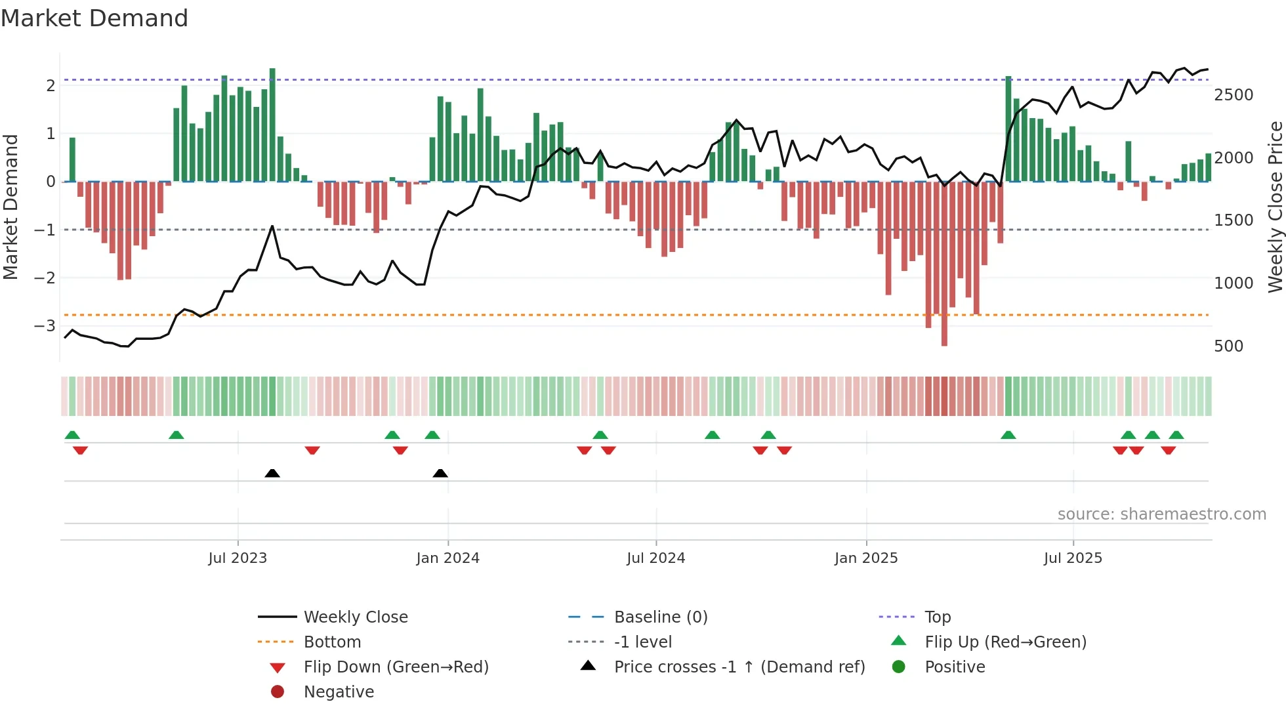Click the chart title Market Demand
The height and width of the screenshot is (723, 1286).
[x=94, y=18]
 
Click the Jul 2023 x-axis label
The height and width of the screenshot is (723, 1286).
[x=238, y=558]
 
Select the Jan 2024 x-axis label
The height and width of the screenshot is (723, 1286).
[x=447, y=558]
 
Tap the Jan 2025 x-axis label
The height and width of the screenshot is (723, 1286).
[x=866, y=558]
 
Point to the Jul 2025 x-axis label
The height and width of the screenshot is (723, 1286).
[x=1073, y=558]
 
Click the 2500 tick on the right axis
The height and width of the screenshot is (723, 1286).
[x=1234, y=95]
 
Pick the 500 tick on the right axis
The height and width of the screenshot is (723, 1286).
[x=1228, y=346]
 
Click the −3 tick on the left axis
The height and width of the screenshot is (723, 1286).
[x=45, y=325]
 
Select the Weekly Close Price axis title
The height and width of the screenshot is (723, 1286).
[x=1275, y=207]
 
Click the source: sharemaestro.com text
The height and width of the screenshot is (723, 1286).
[x=1161, y=514]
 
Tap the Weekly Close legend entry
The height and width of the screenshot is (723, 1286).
[x=356, y=617]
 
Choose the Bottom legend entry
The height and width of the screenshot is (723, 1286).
[x=332, y=642]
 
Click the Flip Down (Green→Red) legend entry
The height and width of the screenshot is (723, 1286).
[x=396, y=667]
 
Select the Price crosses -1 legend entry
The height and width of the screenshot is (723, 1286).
[x=739, y=667]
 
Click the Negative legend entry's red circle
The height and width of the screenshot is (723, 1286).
[x=278, y=692]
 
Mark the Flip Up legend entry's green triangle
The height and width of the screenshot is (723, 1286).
[x=899, y=641]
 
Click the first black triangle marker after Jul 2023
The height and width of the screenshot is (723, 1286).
[x=272, y=473]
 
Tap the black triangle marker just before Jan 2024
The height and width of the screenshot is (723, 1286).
[x=440, y=473]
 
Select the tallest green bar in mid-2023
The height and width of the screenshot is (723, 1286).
[x=272, y=125]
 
